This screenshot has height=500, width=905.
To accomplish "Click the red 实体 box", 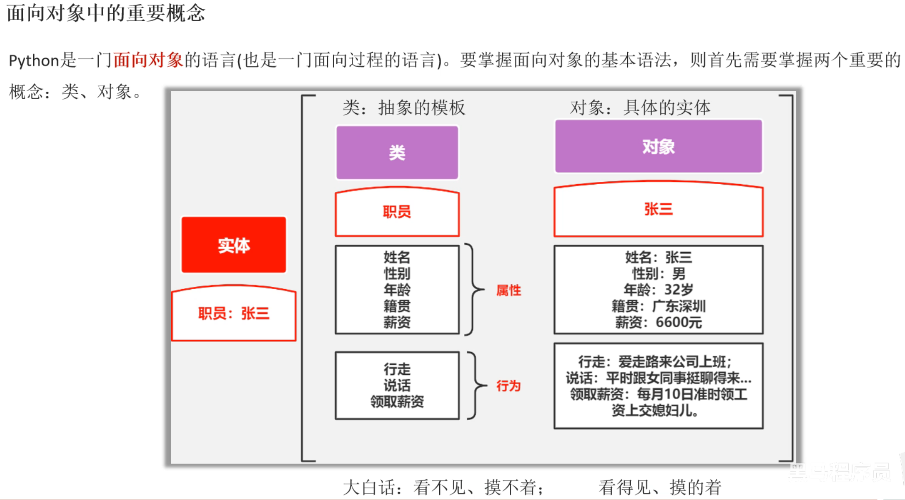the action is click(x=234, y=245).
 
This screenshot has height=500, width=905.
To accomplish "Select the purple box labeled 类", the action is click(x=397, y=153).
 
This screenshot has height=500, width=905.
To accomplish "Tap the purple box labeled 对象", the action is click(x=658, y=146).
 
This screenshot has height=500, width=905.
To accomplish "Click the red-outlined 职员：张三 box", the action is click(x=234, y=313).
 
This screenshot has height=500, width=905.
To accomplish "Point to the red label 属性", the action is click(x=508, y=290).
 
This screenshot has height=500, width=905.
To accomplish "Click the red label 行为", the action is click(x=508, y=386).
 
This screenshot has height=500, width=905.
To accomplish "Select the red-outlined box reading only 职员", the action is click(x=397, y=212).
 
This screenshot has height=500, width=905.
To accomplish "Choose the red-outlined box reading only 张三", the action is click(x=658, y=209).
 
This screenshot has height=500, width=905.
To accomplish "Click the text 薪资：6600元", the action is click(x=658, y=322).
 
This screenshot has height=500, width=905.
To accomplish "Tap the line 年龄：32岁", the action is click(x=658, y=290).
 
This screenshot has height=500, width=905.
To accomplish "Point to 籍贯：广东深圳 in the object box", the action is click(x=658, y=306).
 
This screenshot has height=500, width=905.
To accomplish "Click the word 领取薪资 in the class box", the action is click(x=397, y=402).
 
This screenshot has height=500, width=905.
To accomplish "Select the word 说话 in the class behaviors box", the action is click(x=397, y=385).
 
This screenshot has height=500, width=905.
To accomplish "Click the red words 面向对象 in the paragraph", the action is click(x=148, y=60).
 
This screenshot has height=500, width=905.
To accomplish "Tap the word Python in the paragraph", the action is click(x=34, y=61).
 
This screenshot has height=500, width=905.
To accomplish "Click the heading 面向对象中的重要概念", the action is click(x=106, y=12).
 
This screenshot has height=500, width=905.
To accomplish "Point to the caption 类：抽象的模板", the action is click(x=404, y=107).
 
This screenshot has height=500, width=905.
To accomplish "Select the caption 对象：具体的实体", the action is click(x=640, y=107).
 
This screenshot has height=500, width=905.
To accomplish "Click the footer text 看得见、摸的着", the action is click(x=659, y=487).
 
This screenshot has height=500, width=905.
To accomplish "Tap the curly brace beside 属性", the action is click(x=473, y=289).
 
